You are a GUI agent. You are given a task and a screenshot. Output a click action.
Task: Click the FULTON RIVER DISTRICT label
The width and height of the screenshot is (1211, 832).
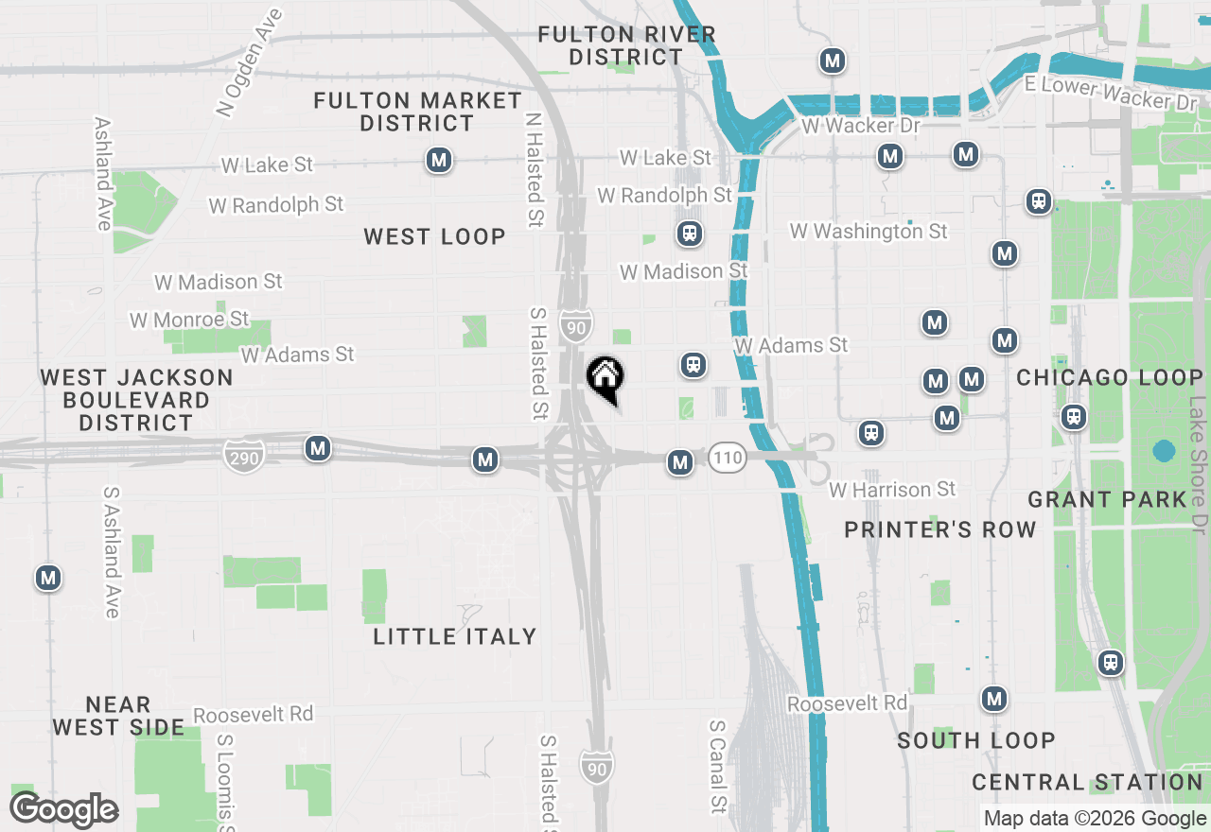click(x=626, y=45)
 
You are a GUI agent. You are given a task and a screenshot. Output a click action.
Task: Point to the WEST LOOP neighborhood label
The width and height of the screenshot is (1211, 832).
click(x=435, y=236)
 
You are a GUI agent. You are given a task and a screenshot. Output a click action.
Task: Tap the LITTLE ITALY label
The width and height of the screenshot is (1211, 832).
click(x=455, y=636)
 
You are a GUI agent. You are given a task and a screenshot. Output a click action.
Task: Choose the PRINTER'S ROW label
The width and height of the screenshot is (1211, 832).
click(x=940, y=529)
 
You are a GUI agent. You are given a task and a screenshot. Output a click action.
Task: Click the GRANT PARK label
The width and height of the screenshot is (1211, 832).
click(x=1107, y=499)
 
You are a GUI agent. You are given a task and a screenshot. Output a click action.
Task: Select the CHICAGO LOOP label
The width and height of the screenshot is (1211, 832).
click(x=1110, y=378)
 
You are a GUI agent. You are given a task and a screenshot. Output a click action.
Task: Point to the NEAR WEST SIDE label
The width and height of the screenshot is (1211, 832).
click(x=118, y=716)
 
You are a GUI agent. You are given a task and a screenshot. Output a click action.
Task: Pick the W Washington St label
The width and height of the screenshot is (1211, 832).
click(x=869, y=231)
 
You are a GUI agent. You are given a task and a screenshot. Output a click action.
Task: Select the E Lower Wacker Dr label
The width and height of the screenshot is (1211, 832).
click(x=1112, y=93)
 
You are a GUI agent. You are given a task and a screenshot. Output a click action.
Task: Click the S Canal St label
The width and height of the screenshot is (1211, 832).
click(x=718, y=767)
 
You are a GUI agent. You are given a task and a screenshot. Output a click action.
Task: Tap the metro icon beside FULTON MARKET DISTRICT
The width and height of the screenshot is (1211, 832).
click(x=438, y=160)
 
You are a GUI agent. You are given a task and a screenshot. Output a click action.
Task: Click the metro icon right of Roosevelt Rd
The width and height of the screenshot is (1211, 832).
click(x=993, y=699)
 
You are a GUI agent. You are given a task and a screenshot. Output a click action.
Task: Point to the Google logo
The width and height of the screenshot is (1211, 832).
click(x=63, y=810)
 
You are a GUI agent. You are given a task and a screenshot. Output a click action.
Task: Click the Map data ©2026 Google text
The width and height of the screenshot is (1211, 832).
click(x=1095, y=819)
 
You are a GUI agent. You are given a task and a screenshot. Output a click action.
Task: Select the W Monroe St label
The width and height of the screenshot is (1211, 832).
click(x=189, y=320)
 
